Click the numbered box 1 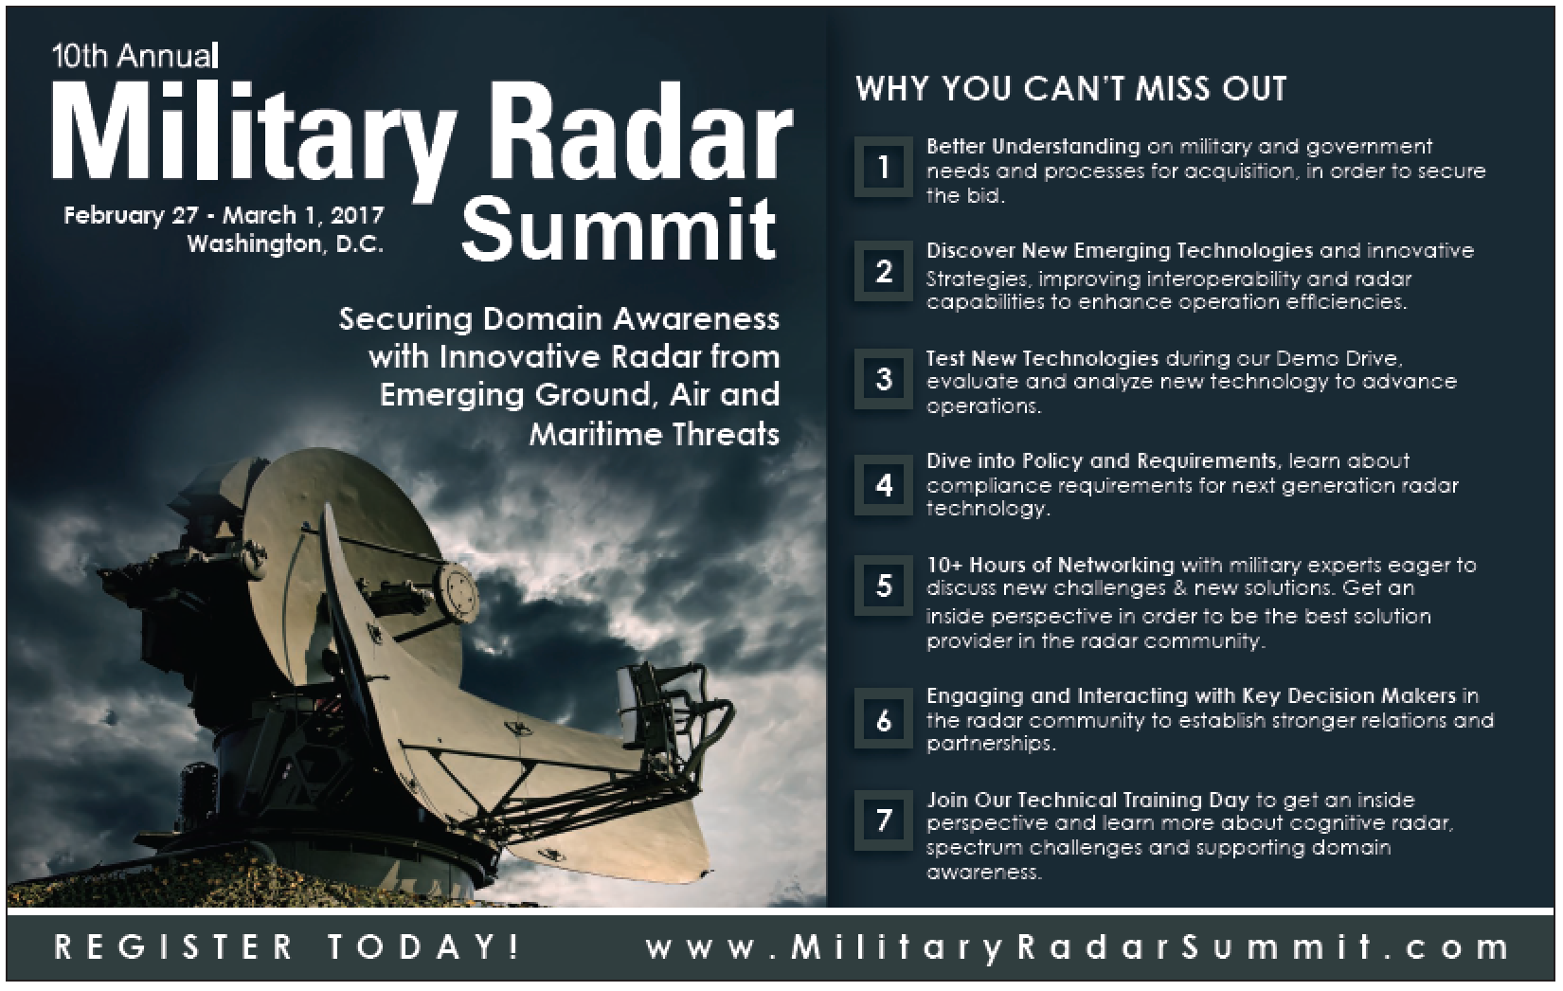click(x=884, y=167)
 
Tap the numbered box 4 click(x=884, y=484)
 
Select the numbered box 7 click(x=884, y=820)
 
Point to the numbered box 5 click(x=884, y=586)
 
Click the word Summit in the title click(x=619, y=228)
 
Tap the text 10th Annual click(x=135, y=56)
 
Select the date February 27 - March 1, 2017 click(x=224, y=215)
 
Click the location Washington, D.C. click(x=285, y=244)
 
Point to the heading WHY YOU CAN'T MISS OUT click(x=1071, y=89)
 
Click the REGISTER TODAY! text click(x=287, y=947)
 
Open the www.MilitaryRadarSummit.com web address click(x=1077, y=948)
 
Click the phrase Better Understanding click(x=1033, y=147)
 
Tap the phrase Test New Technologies click(x=1042, y=358)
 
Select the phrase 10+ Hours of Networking click(x=1051, y=564)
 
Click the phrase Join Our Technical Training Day click(x=1087, y=800)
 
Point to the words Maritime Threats click(x=654, y=434)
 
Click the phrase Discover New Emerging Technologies click(x=1120, y=250)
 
